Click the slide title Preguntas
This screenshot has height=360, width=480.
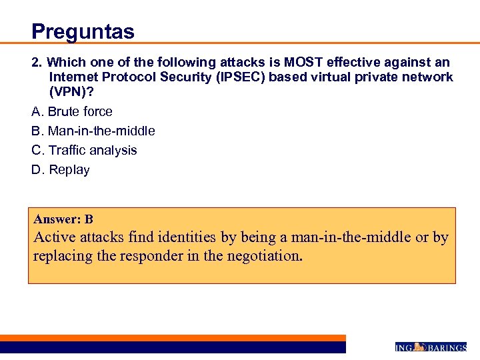tap(83, 31)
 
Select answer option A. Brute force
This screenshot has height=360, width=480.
tap(72, 111)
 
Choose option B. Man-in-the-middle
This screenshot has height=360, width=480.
tap(93, 131)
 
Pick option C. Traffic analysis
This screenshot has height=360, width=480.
tap(84, 150)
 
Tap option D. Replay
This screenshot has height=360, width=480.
tap(61, 169)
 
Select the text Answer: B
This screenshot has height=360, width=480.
tap(63, 219)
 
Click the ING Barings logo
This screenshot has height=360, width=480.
tap(430, 347)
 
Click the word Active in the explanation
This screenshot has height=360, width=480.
tap(55, 237)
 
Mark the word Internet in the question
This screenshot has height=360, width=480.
tap(73, 77)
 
